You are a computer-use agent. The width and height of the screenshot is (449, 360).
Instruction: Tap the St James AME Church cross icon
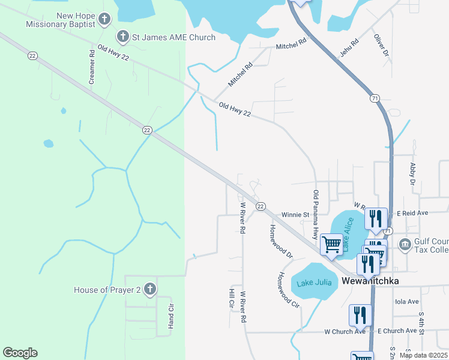(x=122, y=37)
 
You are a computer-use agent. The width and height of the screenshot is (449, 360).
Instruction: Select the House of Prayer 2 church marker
(x=149, y=290)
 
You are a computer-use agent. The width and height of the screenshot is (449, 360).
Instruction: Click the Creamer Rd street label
(x=92, y=66)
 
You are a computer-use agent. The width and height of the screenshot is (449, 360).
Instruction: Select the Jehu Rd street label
(x=349, y=47)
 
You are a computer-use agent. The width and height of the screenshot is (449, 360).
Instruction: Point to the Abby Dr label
(x=412, y=173)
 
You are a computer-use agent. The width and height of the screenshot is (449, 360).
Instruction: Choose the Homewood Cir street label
(x=287, y=290)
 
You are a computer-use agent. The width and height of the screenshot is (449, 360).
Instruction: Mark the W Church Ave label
(x=345, y=331)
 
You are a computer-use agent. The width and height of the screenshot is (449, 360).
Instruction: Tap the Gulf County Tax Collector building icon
(x=405, y=245)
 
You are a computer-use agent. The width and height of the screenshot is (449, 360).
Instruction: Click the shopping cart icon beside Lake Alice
(x=331, y=245)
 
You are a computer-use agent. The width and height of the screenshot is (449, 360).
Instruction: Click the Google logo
(x=20, y=353)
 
